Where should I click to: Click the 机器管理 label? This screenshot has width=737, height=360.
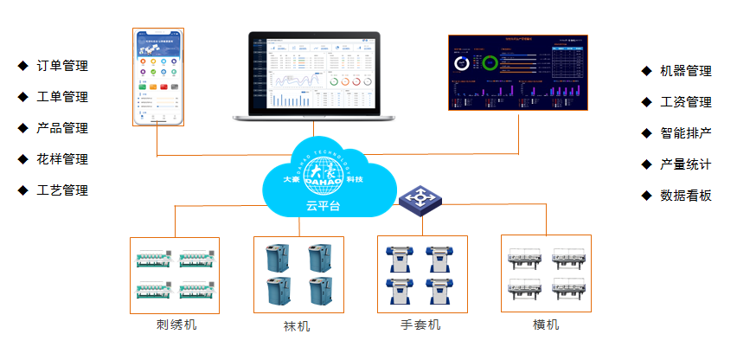click(686, 71)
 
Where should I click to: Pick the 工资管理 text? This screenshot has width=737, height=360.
click(686, 102)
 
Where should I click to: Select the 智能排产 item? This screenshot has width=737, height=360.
click(686, 133)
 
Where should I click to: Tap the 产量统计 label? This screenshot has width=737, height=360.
click(686, 164)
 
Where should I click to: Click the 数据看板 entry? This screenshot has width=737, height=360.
click(686, 196)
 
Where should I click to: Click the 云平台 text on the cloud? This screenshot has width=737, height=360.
click(324, 206)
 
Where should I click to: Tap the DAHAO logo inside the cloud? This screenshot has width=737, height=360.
click(324, 173)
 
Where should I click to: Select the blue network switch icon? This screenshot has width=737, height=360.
click(421, 200)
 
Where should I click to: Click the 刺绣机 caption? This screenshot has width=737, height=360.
click(176, 325)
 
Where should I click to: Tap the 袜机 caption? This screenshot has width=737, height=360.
click(297, 327)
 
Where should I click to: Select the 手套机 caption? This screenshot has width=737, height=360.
click(421, 325)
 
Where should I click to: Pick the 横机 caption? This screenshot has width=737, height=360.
click(546, 325)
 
